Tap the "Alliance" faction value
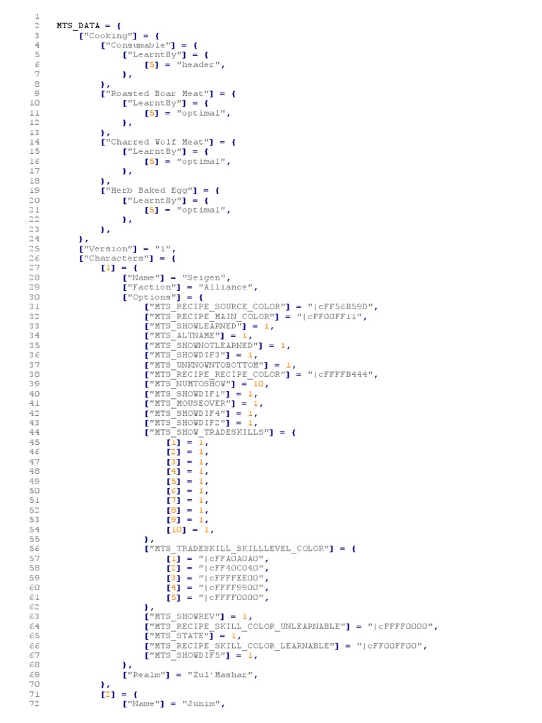tap(227, 287)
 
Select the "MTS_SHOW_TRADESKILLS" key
tap(211, 432)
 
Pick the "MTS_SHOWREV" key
tap(189, 616)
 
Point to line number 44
tap(35, 432)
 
